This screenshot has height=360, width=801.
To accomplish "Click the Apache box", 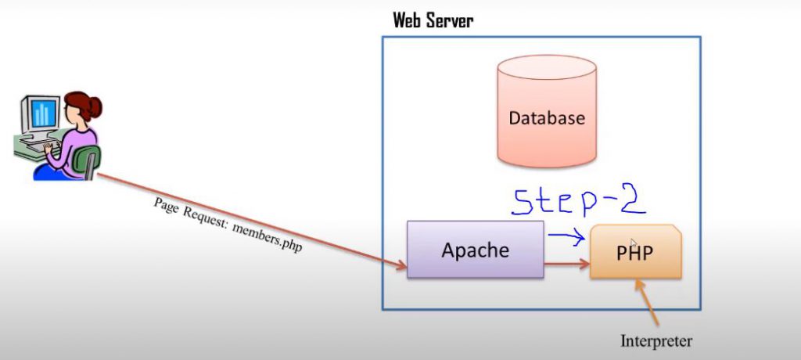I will coord(475,249).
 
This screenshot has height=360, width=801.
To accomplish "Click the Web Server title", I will coord(433,20).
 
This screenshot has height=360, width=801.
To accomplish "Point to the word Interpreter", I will coord(656,340).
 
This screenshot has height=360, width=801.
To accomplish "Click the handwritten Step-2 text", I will coord(579,201).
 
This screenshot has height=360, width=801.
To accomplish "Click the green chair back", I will coord(88,161).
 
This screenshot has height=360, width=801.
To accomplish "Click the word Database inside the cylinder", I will coord(547,119).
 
